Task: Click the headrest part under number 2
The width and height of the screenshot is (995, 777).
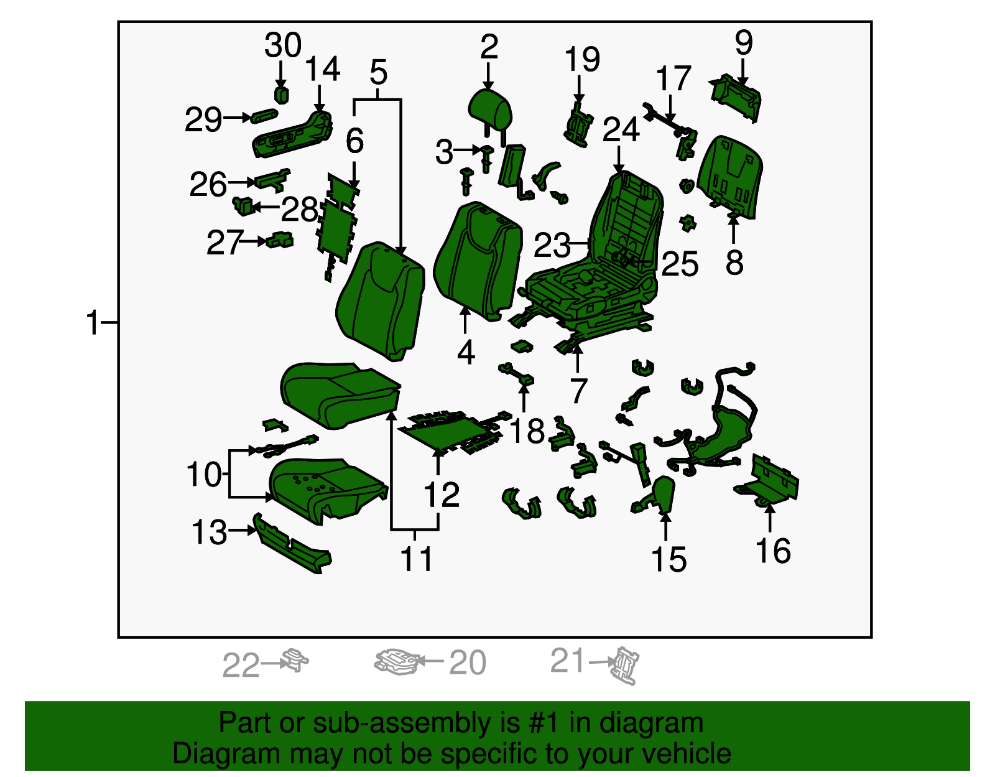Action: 489,112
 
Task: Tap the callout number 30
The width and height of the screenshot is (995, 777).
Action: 283,45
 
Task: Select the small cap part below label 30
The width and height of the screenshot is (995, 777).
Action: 281,95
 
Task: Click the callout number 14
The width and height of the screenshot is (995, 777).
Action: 322,69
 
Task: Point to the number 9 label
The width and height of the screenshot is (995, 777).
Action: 744,42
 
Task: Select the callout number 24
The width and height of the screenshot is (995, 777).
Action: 621,129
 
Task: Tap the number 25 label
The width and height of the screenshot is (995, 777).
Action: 680,264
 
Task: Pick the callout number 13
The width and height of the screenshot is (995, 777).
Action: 209,532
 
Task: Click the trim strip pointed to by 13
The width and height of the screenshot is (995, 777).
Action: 292,543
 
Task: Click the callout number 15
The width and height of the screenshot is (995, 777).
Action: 669,559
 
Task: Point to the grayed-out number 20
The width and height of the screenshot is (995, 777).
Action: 468,662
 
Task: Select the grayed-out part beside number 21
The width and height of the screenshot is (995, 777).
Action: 624,666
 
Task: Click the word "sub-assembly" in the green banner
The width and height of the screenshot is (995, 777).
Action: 416,723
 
